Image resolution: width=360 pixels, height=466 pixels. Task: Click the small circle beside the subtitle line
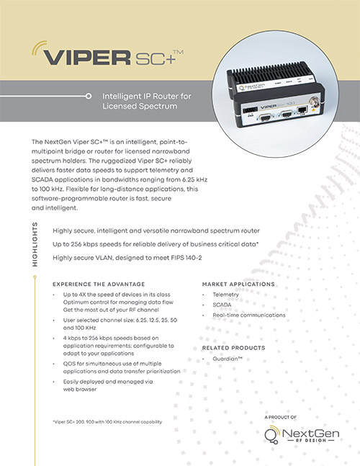coord(88,95)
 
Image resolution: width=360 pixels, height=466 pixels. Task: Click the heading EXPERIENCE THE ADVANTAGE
coord(98,284)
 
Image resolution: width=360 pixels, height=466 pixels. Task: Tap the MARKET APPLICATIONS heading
coord(240,284)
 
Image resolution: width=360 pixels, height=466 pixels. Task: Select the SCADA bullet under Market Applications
coord(222,305)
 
